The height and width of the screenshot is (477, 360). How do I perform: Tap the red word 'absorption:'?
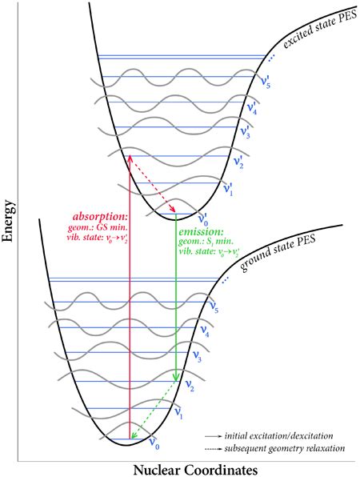coord(98,216)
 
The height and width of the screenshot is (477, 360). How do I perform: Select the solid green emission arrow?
coord(176,304)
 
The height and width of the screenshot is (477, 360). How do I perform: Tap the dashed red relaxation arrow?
coord(152,190)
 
